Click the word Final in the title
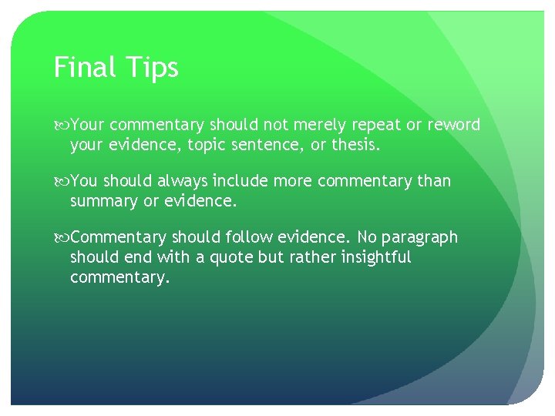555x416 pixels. (84, 68)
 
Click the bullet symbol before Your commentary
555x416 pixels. (61, 126)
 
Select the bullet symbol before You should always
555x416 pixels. (61, 182)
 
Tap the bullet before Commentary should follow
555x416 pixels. (61, 238)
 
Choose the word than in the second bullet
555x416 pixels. (434, 181)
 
